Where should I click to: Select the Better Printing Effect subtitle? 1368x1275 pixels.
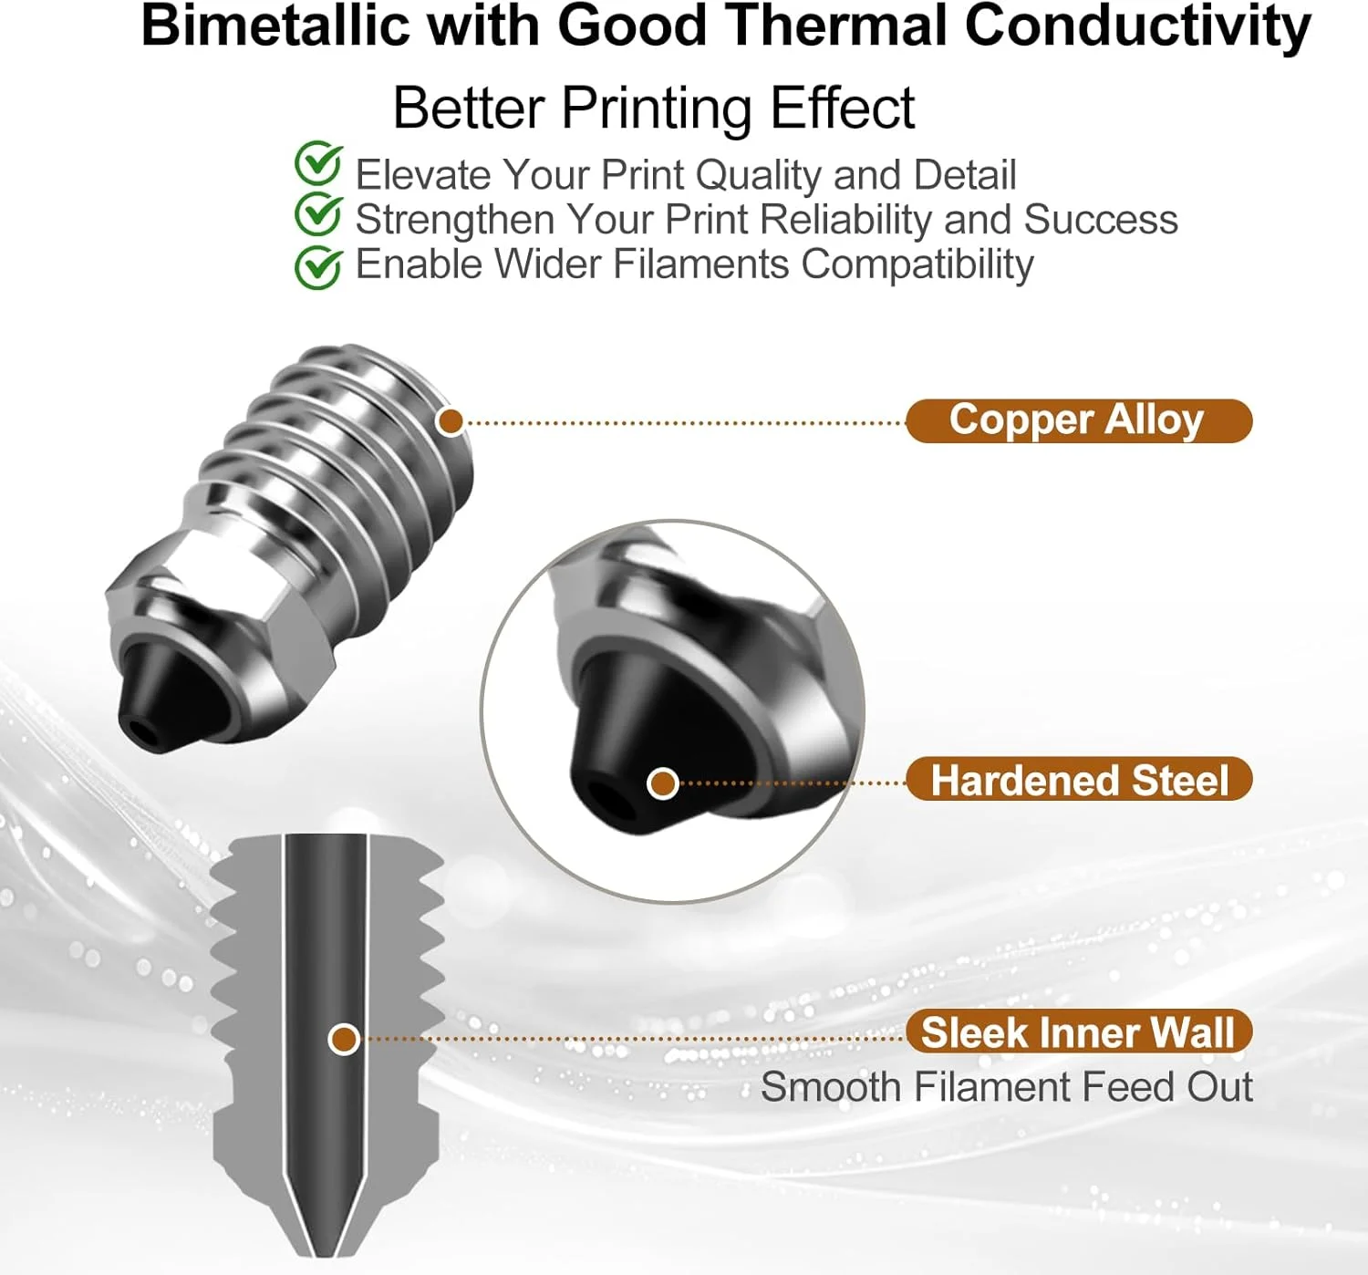pyautogui.click(x=653, y=108)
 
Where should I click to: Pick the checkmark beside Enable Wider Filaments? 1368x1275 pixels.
pyautogui.click(x=318, y=266)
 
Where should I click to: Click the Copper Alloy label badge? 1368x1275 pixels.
pyautogui.click(x=1078, y=420)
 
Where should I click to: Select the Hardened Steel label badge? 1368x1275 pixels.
pyautogui.click(x=1078, y=779)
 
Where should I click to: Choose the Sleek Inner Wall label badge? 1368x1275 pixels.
pyautogui.click(x=1078, y=1031)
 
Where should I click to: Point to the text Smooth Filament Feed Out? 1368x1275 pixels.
pyautogui.click(x=1006, y=1087)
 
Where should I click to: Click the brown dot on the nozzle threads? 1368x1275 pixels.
pyautogui.click(x=451, y=421)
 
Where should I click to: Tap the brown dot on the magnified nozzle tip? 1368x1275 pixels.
pyautogui.click(x=663, y=783)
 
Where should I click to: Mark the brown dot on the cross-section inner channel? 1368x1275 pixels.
pyautogui.click(x=344, y=1039)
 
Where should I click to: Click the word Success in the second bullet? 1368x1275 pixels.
pyautogui.click(x=1100, y=220)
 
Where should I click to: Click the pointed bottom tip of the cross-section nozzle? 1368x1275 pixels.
pyautogui.click(x=325, y=1254)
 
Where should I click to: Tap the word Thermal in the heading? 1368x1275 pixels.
pyautogui.click(x=834, y=26)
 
